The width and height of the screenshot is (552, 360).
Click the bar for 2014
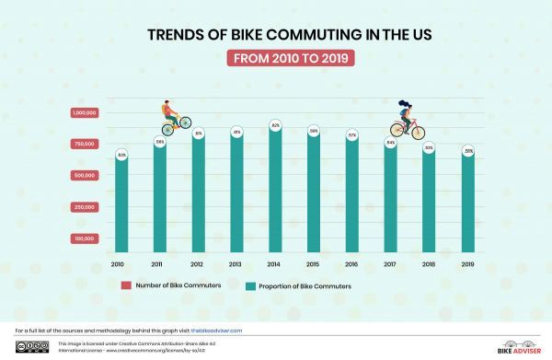click(275, 193)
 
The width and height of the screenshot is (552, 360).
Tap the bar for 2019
click(468, 204)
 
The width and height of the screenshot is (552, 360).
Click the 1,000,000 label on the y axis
click(84, 113)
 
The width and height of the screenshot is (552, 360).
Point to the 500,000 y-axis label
click(85, 175)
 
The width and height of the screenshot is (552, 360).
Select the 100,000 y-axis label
click(85, 238)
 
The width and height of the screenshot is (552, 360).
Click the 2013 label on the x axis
click(236, 264)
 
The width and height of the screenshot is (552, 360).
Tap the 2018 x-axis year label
click(430, 264)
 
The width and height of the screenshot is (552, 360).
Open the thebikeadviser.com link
click(216, 330)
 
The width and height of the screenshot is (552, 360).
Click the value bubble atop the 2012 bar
click(199, 134)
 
